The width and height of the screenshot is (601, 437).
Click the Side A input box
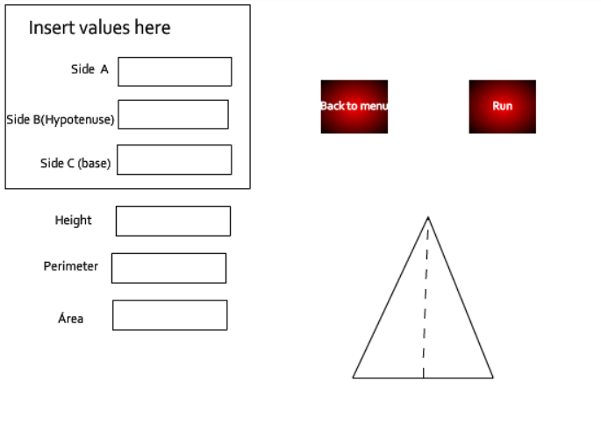175,72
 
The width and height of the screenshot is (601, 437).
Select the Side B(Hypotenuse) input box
173,115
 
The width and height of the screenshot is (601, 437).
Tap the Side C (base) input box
175,160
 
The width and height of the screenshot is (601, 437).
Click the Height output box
173,222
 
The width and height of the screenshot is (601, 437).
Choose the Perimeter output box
169,268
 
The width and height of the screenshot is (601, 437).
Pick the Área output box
170,315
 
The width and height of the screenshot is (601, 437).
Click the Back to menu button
354,107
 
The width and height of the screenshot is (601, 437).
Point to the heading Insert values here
100,28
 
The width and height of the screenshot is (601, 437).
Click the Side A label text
89,69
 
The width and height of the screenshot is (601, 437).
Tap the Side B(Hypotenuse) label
61,120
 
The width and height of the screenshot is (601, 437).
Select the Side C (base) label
75,164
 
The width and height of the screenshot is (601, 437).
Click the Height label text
73,221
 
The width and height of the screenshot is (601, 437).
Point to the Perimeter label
71,266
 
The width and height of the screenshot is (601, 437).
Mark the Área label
70,318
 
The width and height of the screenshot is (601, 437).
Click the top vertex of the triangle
428,217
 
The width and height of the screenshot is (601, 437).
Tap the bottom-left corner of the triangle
353,378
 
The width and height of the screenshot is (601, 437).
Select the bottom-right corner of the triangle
493,378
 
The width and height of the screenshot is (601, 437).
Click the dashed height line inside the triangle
426,298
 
